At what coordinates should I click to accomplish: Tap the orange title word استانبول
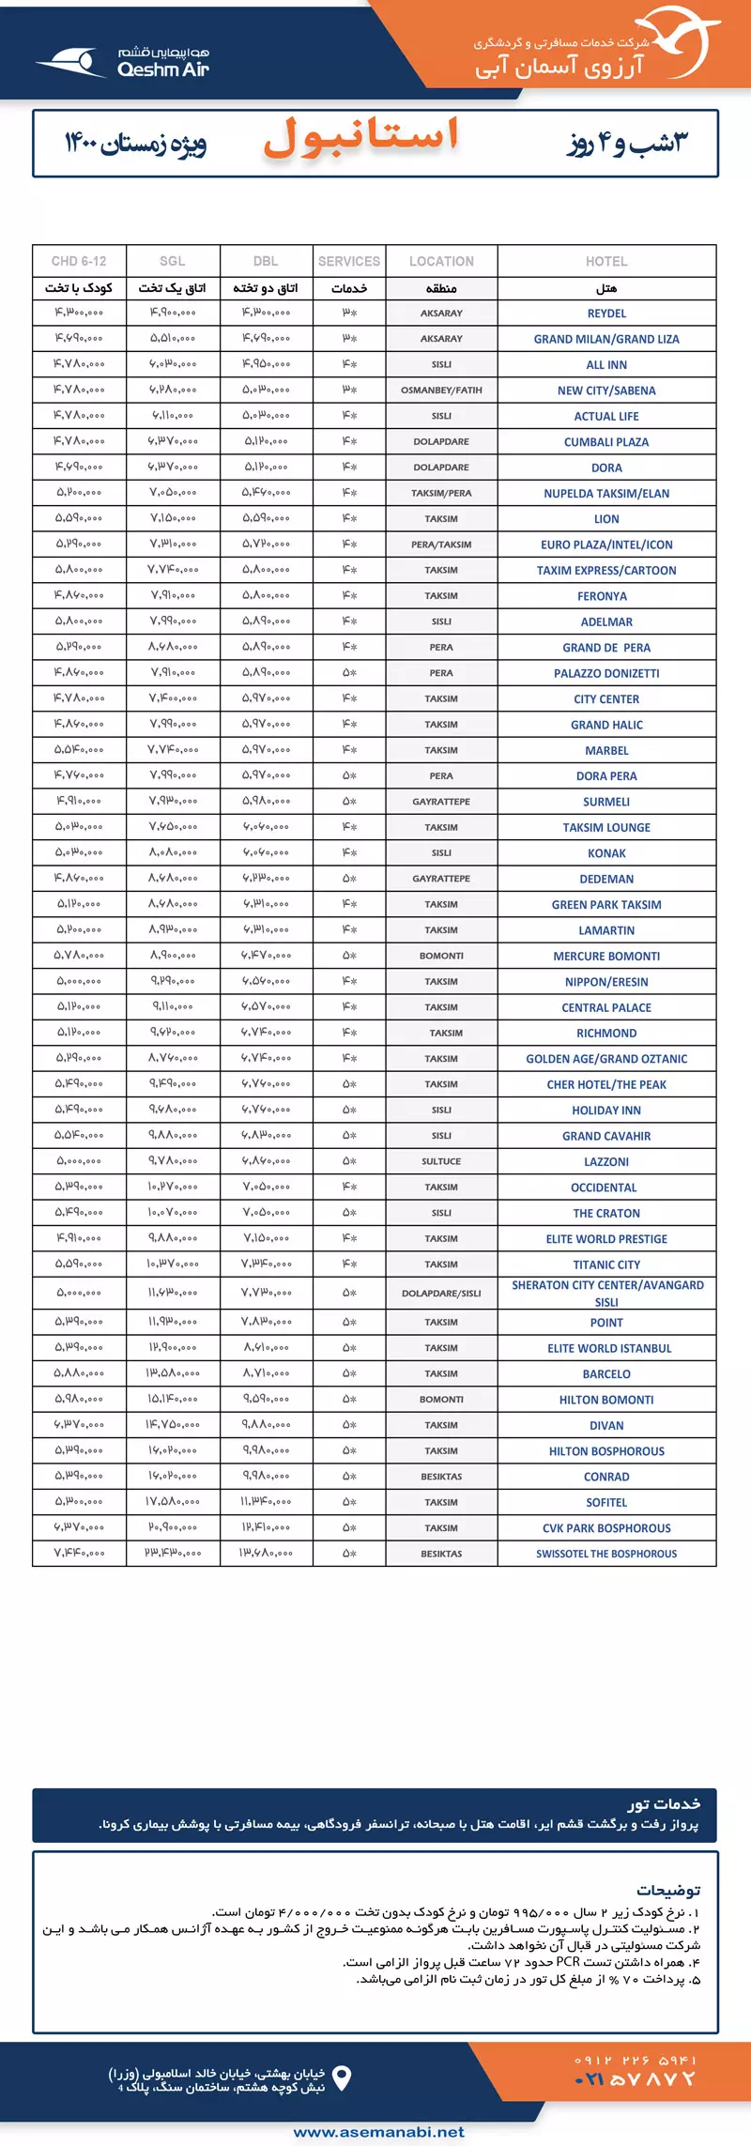pos(361,137)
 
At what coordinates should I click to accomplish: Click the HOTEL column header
pos(606,261)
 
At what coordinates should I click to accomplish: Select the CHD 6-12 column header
pos(79,261)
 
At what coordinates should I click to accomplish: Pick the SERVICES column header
pos(349,261)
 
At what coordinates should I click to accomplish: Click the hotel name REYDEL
pos(606,314)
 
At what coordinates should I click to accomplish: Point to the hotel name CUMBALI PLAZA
pos(606,442)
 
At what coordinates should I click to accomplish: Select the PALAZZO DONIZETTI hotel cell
pos(606,673)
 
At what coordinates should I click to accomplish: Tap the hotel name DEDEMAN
pos(606,879)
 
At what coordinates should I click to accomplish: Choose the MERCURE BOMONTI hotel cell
pos(606,956)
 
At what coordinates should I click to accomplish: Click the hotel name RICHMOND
pos(606,1033)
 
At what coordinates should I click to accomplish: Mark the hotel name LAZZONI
pos(606,1161)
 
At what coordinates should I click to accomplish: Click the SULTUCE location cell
pos(441,1161)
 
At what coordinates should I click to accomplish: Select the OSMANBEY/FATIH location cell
pos(441,391)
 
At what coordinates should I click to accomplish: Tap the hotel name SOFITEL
pos(606,1502)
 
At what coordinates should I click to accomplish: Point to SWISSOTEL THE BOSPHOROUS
pos(606,1554)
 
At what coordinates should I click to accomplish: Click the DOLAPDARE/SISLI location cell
pos(441,1293)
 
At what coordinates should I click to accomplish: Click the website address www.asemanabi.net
pos(379,2131)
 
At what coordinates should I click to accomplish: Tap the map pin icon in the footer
pos(343,2078)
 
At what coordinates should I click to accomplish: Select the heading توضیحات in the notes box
pos(668,1890)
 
